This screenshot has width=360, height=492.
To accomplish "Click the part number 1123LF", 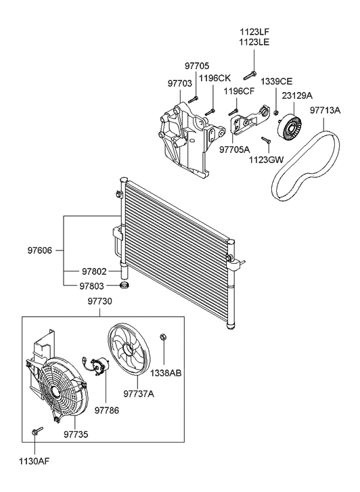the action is tap(254, 32).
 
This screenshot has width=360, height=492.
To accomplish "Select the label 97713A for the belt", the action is tap(325, 110).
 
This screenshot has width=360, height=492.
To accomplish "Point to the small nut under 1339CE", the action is tap(276, 113).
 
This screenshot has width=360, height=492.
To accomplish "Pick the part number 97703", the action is tap(179, 83).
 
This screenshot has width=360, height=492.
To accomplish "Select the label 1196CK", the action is tap(215, 78).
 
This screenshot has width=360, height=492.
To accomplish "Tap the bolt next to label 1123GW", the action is tap(266, 140).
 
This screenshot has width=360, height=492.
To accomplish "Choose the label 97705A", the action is tap(234, 150).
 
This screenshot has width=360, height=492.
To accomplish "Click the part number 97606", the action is tap(39, 250).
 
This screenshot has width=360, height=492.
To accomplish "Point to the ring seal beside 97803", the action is tap(126, 285).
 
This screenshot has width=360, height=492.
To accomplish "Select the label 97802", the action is tap(95, 271).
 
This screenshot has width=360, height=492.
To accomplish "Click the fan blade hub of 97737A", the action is tap(128, 349).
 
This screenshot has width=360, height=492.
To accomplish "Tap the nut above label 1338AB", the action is tap(162, 337).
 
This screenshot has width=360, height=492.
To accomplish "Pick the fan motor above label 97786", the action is tap(99, 366).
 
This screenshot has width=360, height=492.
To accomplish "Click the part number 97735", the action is tap(76, 434).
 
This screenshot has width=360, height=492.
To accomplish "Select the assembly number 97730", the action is tap(99, 301).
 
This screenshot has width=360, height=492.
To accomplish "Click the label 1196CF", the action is tap(239, 91).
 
